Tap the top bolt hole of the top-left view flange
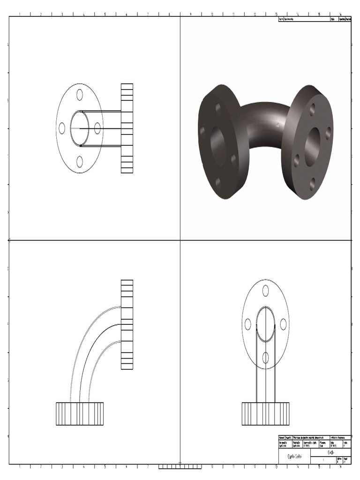[x=80, y=95]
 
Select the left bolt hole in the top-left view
[x=62, y=128]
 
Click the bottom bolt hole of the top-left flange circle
[x=80, y=162]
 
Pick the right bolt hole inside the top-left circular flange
[x=97, y=128]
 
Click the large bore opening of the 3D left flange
[x=218, y=143]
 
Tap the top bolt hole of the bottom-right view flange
[x=265, y=291]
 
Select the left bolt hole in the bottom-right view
[x=248, y=324]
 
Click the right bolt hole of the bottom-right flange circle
[x=283, y=324]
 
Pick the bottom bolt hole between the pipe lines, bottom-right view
[x=265, y=358]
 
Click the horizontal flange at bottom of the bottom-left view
[x=80, y=414]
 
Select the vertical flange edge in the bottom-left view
[x=127, y=324]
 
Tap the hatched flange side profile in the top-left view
[x=127, y=128]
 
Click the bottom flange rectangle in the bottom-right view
[x=265, y=414]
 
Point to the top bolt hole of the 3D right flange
[x=312, y=109]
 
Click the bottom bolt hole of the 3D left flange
[x=217, y=182]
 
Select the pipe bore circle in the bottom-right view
[x=265, y=324]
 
